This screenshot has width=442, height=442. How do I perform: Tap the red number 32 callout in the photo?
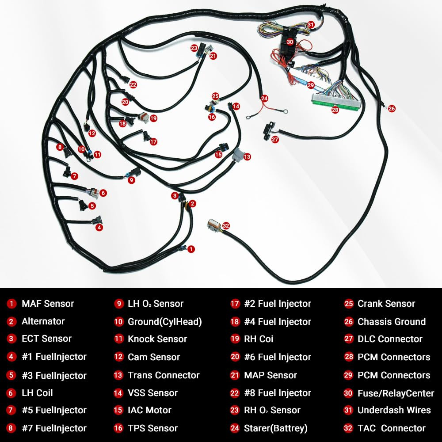pyautogui.click(x=226, y=225)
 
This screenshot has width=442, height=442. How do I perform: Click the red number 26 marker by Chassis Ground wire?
pyautogui.click(x=392, y=108)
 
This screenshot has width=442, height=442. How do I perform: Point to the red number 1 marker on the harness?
pyautogui.click(x=191, y=249)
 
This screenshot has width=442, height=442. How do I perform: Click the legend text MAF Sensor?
pyautogui.click(x=48, y=304)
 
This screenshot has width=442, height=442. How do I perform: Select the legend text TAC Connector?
pyautogui.click(x=391, y=428)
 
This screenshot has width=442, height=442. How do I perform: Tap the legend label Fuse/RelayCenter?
pyautogui.click(x=396, y=392)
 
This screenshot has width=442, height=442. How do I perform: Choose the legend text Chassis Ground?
pyautogui.click(x=391, y=321)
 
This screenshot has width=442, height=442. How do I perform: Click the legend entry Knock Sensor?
pyautogui.click(x=157, y=339)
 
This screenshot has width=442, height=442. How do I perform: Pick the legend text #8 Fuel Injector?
pyautogui.click(x=278, y=392)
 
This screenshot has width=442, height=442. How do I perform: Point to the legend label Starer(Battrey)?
pyautogui.click(x=275, y=428)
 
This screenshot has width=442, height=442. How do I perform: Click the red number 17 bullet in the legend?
pyautogui.click(x=235, y=304)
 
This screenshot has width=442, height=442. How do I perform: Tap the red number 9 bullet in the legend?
pyautogui.click(x=118, y=304)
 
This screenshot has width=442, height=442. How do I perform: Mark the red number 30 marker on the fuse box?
pyautogui.click(x=290, y=42)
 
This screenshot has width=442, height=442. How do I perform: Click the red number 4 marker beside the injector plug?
pyautogui.click(x=99, y=227)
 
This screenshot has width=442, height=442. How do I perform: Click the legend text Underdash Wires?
pyautogui.click(x=394, y=410)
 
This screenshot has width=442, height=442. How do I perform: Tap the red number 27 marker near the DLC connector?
pyautogui.click(x=275, y=139)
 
